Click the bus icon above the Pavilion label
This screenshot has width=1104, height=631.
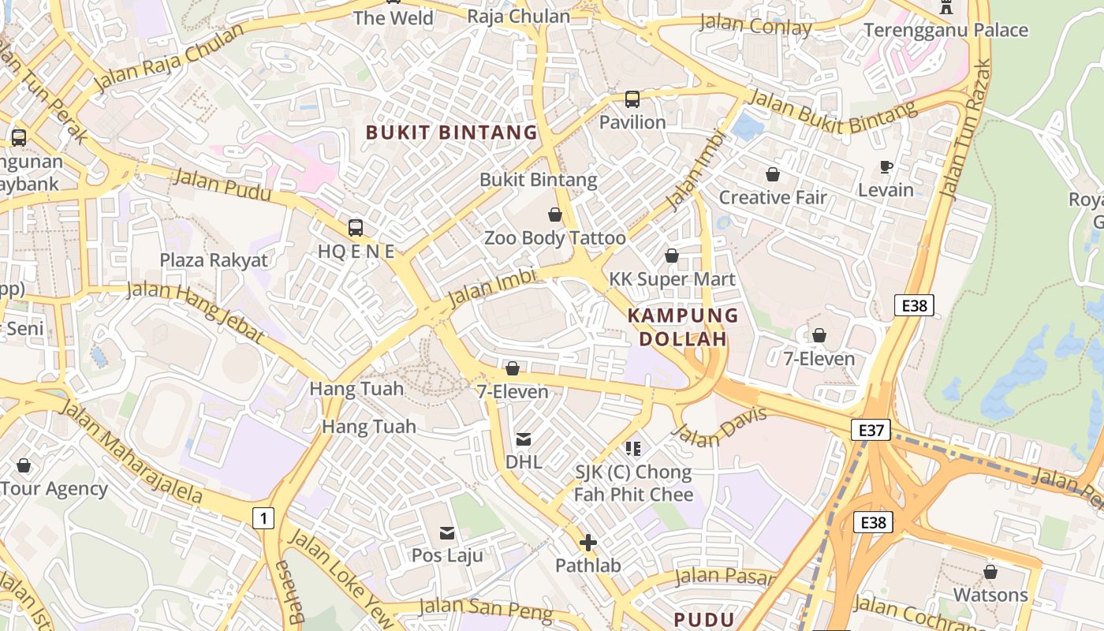pyautogui.click(x=632, y=99)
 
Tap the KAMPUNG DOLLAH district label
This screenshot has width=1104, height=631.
pyautogui.click(x=682, y=327)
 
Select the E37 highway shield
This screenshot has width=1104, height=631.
pyautogui.click(x=871, y=430)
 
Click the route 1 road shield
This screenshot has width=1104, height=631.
pyautogui.click(x=263, y=518)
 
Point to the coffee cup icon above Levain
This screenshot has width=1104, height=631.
pyautogui.click(x=886, y=166)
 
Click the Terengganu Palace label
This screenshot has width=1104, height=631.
pyautogui.click(x=945, y=30)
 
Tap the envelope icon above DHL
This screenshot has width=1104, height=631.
pyautogui.click(x=524, y=439)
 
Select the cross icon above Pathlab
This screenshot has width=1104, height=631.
pyautogui.click(x=587, y=543)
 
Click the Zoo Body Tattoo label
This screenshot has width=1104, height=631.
pyautogui.click(x=554, y=237)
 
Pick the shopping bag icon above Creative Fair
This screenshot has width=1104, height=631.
pyautogui.click(x=773, y=174)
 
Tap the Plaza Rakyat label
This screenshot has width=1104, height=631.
pyautogui.click(x=214, y=260)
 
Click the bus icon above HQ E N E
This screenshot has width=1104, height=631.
pyautogui.click(x=356, y=228)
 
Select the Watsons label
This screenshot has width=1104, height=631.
pyautogui.click(x=990, y=594)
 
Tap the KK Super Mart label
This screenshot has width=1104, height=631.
pyautogui.click(x=672, y=279)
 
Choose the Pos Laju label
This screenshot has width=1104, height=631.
pyautogui.click(x=447, y=554)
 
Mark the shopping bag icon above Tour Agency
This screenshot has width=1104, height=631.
pyautogui.click(x=24, y=465)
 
